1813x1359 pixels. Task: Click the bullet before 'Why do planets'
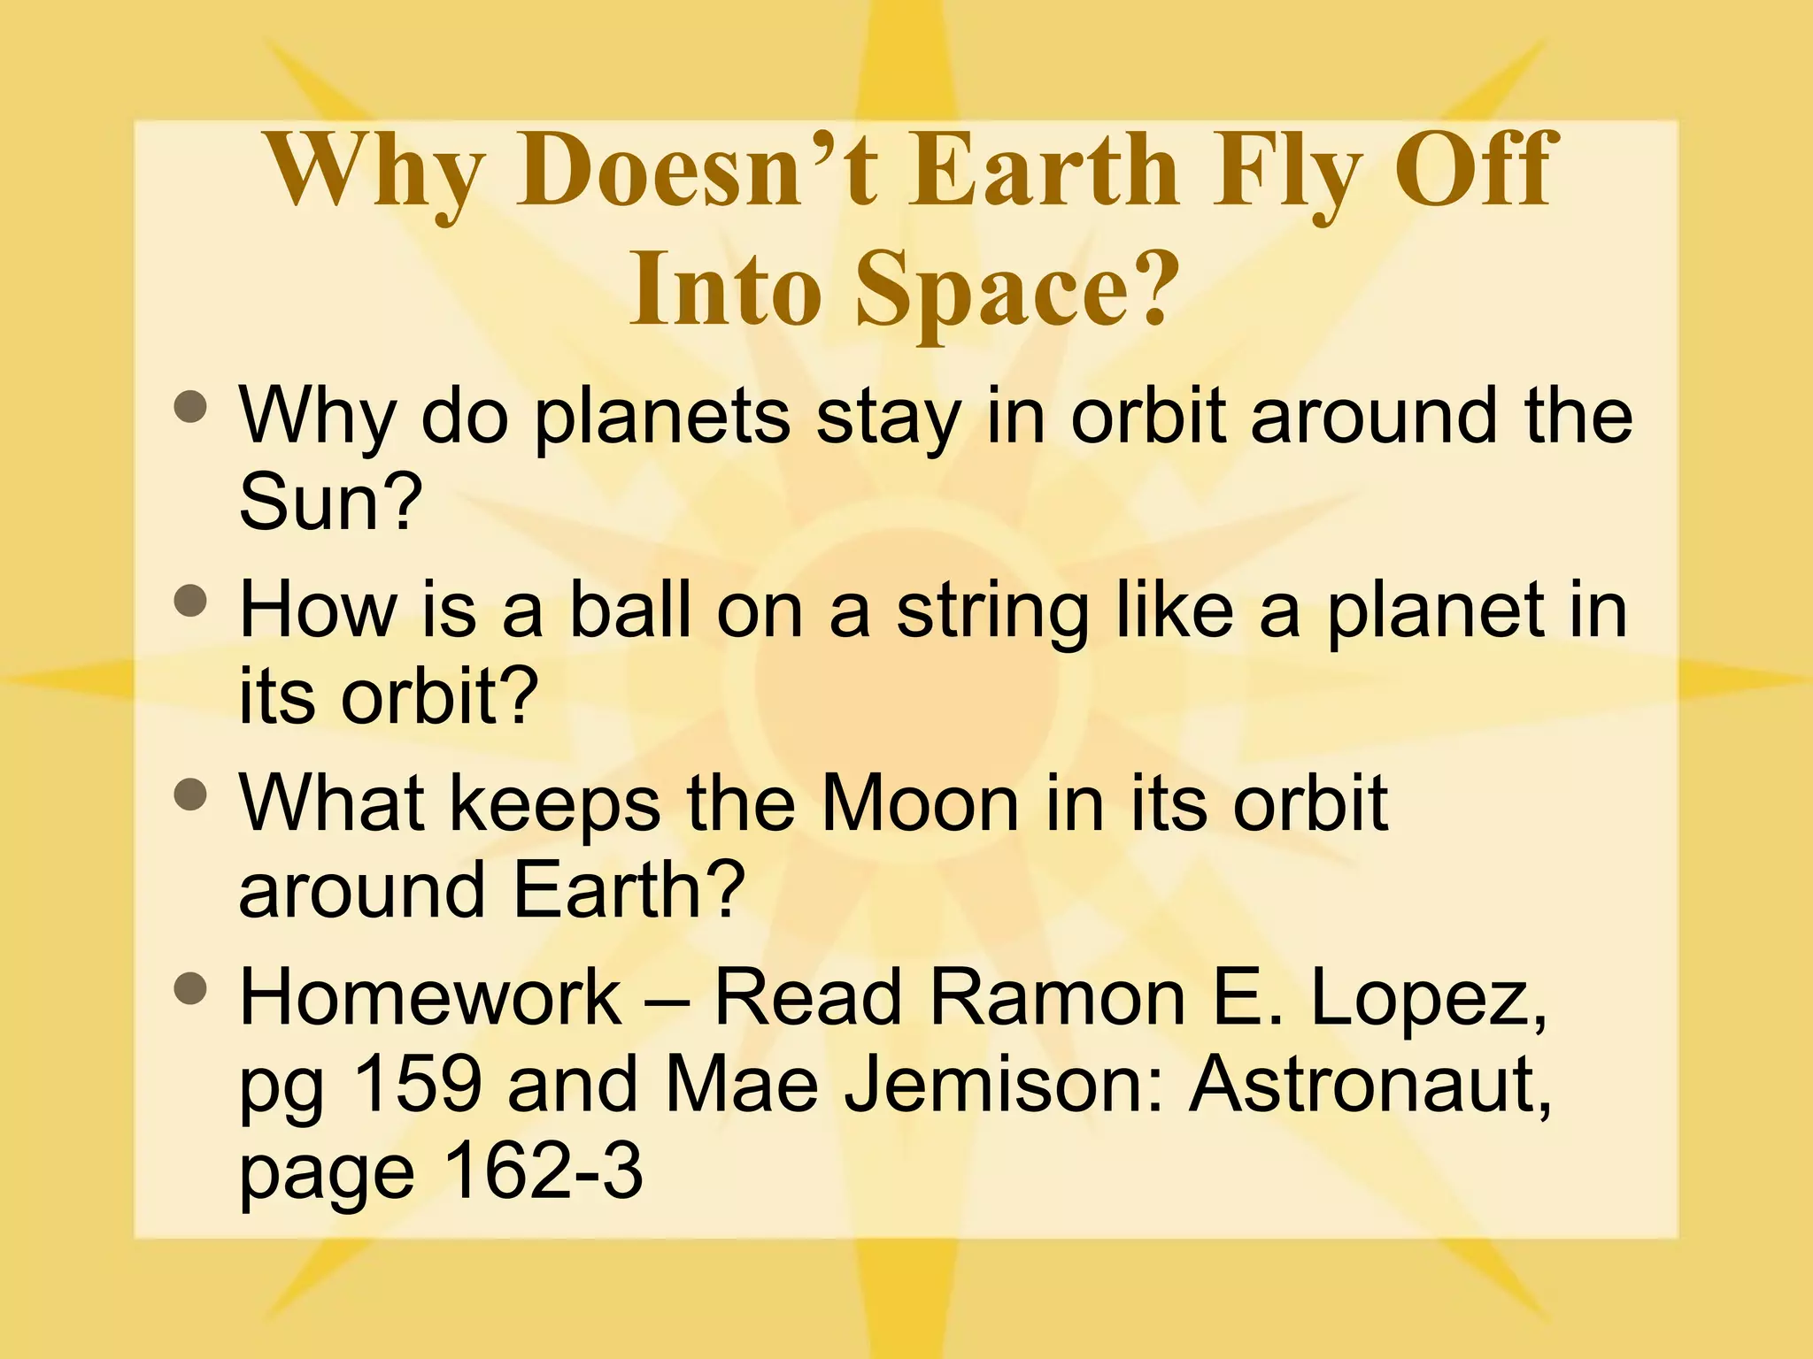pos(190,408)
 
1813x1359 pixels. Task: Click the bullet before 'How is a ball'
pos(190,603)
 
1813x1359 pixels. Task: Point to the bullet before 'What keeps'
pos(190,795)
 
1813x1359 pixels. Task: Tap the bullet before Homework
pos(190,989)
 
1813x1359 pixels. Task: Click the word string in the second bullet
pos(992,612)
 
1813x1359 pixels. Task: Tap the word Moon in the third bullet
pos(921,803)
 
